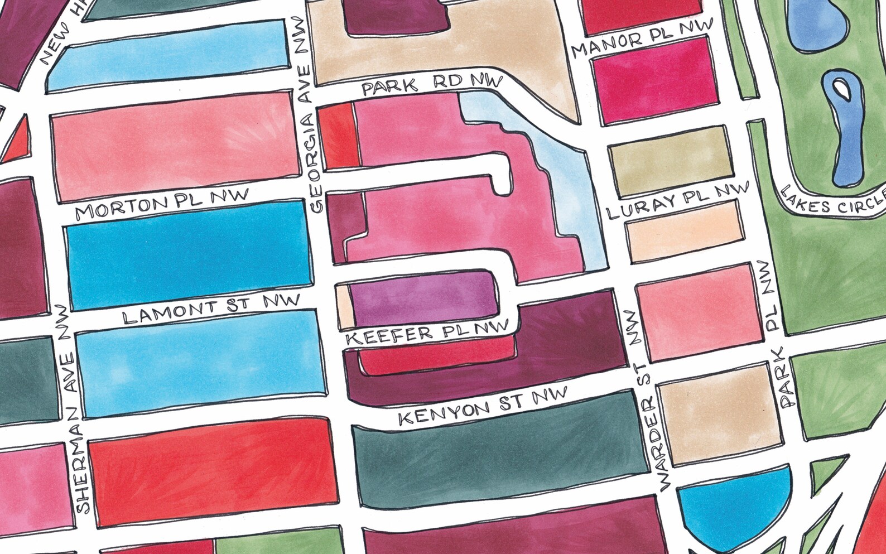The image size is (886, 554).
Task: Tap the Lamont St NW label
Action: [x=211, y=310]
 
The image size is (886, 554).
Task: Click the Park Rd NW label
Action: [x=432, y=84]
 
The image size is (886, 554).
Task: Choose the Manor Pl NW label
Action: [x=642, y=39]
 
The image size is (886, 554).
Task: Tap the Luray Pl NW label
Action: [x=677, y=202]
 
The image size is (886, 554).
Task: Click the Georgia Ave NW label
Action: [x=309, y=117]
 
